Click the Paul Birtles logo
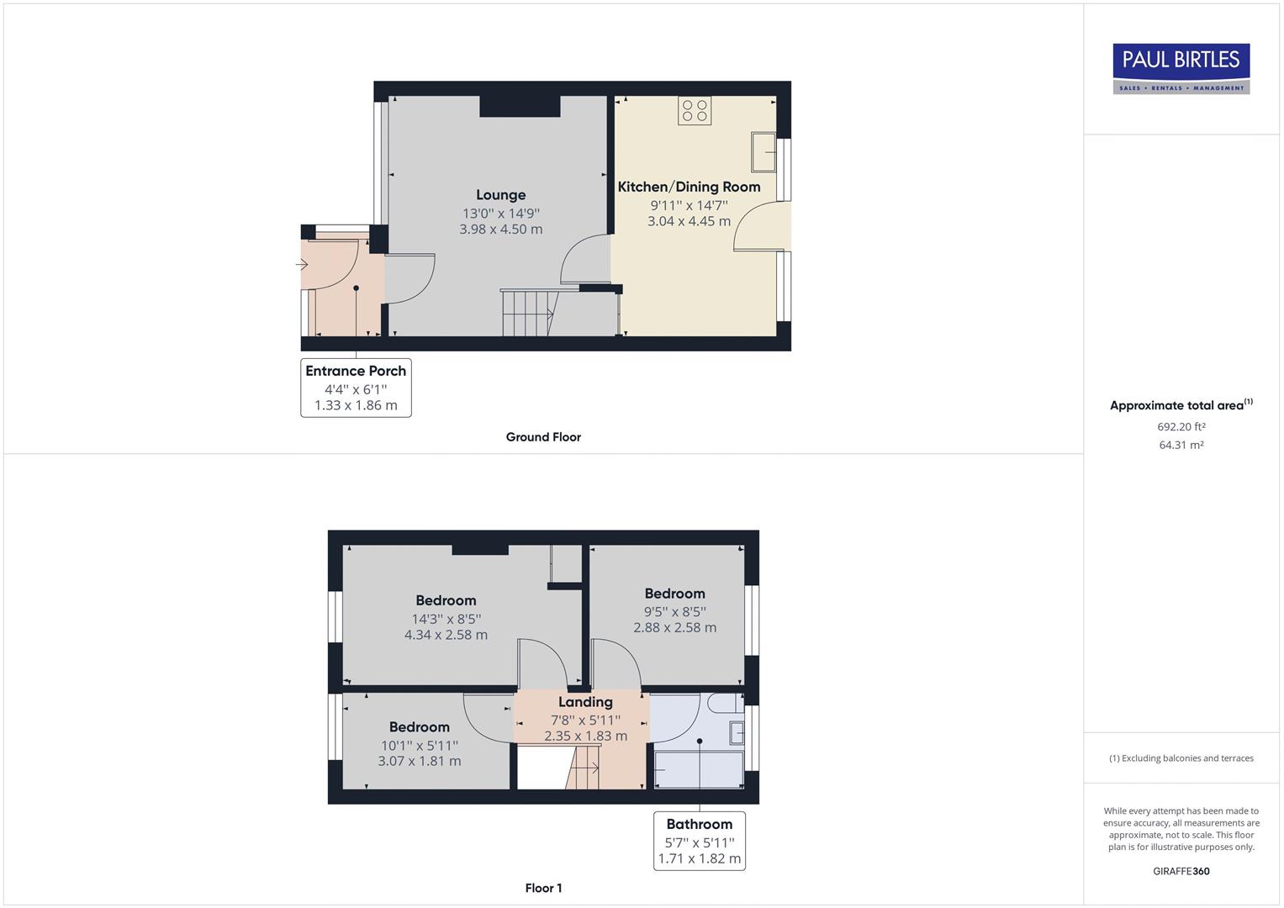point(1181,68)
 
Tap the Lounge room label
point(500,195)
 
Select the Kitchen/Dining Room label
point(689,187)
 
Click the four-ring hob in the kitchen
point(695,110)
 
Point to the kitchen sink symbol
point(764,152)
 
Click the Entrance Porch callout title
point(356,371)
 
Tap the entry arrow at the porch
point(302,265)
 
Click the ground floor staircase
point(528,313)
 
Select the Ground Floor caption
point(543,437)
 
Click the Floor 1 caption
point(543,888)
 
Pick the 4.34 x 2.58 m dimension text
point(446,636)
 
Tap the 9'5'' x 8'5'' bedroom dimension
point(674,611)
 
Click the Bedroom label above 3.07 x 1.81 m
point(419,727)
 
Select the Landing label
point(585,702)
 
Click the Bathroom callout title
point(699,824)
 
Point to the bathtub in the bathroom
point(699,770)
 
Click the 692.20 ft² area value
point(1181,426)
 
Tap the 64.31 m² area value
point(1181,445)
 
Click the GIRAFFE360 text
point(1181,871)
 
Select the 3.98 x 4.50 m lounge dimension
point(500,230)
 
